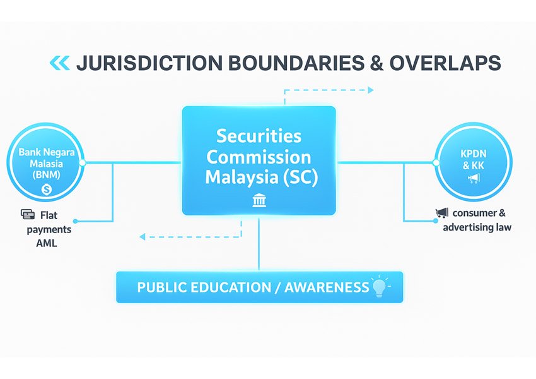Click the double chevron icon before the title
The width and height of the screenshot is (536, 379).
coord(59,63)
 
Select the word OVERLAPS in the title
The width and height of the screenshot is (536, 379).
coord(445,63)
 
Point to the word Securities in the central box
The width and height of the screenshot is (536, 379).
coord(259,136)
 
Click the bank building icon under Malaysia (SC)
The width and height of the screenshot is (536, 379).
coord(259,201)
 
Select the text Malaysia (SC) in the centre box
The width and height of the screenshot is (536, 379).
coord(262,177)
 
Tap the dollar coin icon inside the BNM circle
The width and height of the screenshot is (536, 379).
coord(45,189)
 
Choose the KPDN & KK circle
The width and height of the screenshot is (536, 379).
coord(473,162)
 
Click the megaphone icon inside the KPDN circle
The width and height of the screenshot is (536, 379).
coord(474,179)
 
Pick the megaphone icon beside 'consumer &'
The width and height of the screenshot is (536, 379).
coord(441,214)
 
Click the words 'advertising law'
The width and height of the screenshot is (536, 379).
coord(477,227)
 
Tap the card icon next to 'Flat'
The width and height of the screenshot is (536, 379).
coord(27,214)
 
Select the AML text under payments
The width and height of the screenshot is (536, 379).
coord(47,243)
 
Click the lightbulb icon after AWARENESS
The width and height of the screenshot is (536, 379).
coord(380,286)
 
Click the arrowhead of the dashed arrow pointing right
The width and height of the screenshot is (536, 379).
coord(370,90)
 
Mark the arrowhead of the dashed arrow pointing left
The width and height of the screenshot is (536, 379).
coord(143,236)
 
